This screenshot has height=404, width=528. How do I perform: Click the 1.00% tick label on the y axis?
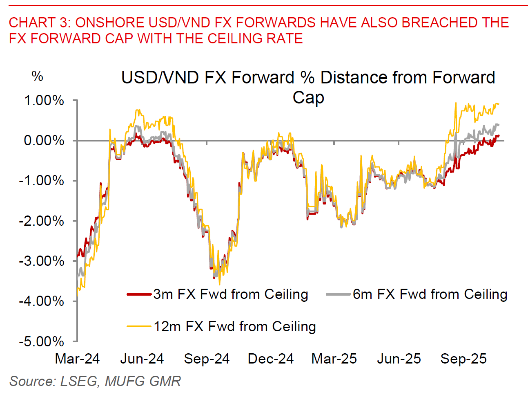[x=44, y=101]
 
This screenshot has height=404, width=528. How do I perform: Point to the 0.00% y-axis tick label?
[x=44, y=141]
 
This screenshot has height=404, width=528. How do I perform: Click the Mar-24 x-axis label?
[x=77, y=359]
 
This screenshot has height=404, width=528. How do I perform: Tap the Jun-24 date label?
[x=142, y=359]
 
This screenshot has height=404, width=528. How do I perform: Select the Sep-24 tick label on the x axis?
[x=207, y=359]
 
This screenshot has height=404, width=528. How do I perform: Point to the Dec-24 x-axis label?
[x=270, y=359]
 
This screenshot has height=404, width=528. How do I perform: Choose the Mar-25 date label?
[x=334, y=359]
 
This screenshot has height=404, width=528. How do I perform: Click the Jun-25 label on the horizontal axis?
[x=399, y=359]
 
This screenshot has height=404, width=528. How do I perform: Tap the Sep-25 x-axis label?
[x=463, y=359]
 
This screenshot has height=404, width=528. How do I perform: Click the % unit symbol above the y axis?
[x=37, y=76]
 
